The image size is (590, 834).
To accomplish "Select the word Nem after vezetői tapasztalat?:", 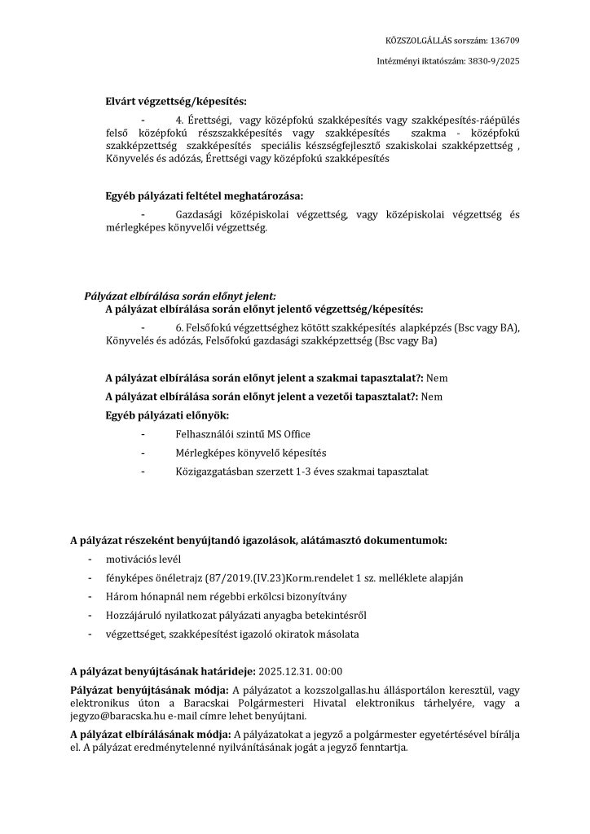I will point(432,397).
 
